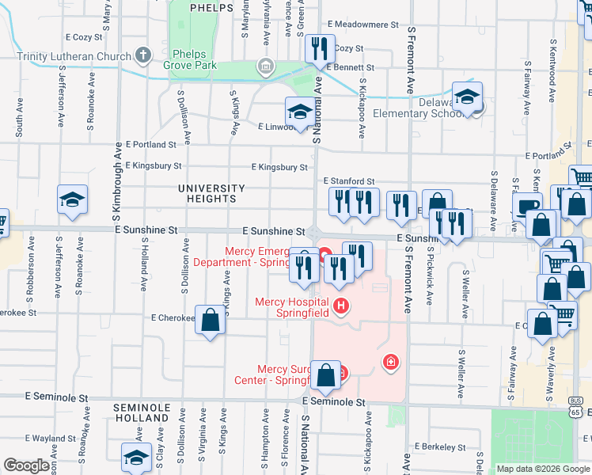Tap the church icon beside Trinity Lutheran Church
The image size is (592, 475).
tap(143, 55)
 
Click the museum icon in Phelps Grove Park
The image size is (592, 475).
tap(266, 65)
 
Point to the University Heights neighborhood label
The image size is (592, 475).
tap(211, 193)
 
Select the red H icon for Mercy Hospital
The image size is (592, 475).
tap(341, 305)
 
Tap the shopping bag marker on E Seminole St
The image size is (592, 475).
tap(326, 374)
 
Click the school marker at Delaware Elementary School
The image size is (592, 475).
tap(468, 98)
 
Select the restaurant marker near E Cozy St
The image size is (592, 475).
tap(320, 50)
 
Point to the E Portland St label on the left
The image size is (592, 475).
tap(151, 145)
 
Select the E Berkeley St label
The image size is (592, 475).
tap(439, 447)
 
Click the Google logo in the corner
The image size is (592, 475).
tap(27, 465)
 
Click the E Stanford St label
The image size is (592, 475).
tap(348, 182)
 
